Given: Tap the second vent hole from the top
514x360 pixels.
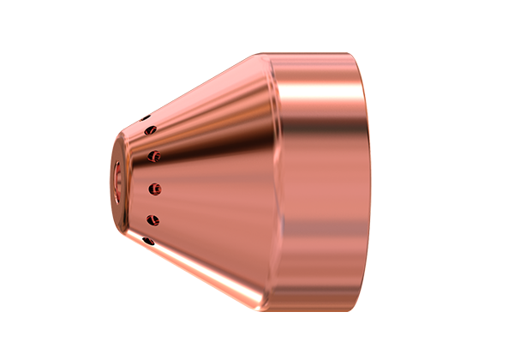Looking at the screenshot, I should [x=152, y=129].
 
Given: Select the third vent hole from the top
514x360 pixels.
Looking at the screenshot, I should [x=154, y=156].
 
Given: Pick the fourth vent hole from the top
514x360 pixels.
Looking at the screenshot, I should [x=154, y=187].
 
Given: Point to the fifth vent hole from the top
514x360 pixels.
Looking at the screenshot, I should [x=153, y=219].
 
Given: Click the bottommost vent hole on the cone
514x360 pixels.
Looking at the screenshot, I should [x=149, y=240].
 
